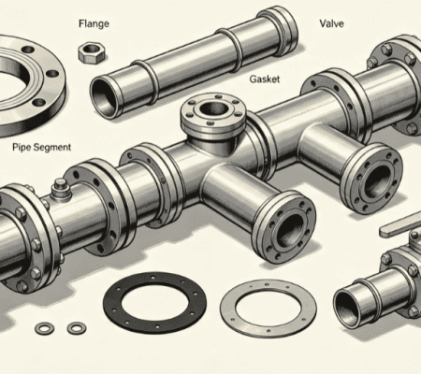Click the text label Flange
click(x=94, y=23)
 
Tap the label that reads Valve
click(x=332, y=23)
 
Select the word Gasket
click(x=265, y=79)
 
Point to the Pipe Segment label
click(x=42, y=147)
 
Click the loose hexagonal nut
click(x=91, y=52)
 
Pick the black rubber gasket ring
click(x=154, y=302)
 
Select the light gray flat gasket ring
click(x=269, y=309)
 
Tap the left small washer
click(x=45, y=328)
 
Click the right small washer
click(x=77, y=327)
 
